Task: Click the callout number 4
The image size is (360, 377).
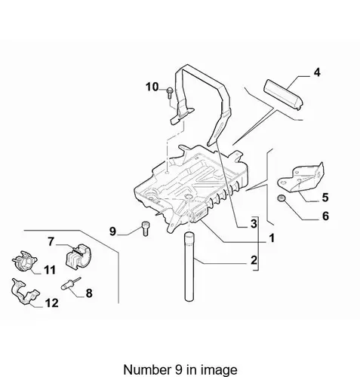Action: [x=317, y=72]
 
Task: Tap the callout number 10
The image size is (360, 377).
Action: [x=152, y=87]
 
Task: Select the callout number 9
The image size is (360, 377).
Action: [x=112, y=231]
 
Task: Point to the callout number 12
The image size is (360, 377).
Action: [x=51, y=303]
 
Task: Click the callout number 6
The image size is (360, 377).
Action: [x=325, y=216]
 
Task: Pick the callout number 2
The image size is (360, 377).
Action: [x=254, y=260]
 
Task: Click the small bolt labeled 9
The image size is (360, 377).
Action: [x=145, y=228]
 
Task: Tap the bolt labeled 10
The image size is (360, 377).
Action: [x=170, y=93]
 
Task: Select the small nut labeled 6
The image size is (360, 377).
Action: [x=282, y=198]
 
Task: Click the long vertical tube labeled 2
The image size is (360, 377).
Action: [x=189, y=267]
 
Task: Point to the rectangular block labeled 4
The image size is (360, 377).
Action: [x=283, y=94]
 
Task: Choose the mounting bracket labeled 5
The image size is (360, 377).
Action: [x=300, y=178]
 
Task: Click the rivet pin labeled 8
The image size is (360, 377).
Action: [x=71, y=284]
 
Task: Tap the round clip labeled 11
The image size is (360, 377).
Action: [x=24, y=262]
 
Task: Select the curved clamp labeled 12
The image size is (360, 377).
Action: [x=25, y=291]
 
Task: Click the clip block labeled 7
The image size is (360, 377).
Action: [x=78, y=255]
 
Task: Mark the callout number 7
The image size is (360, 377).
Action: [x=51, y=242]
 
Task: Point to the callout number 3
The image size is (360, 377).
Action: [x=254, y=223]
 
